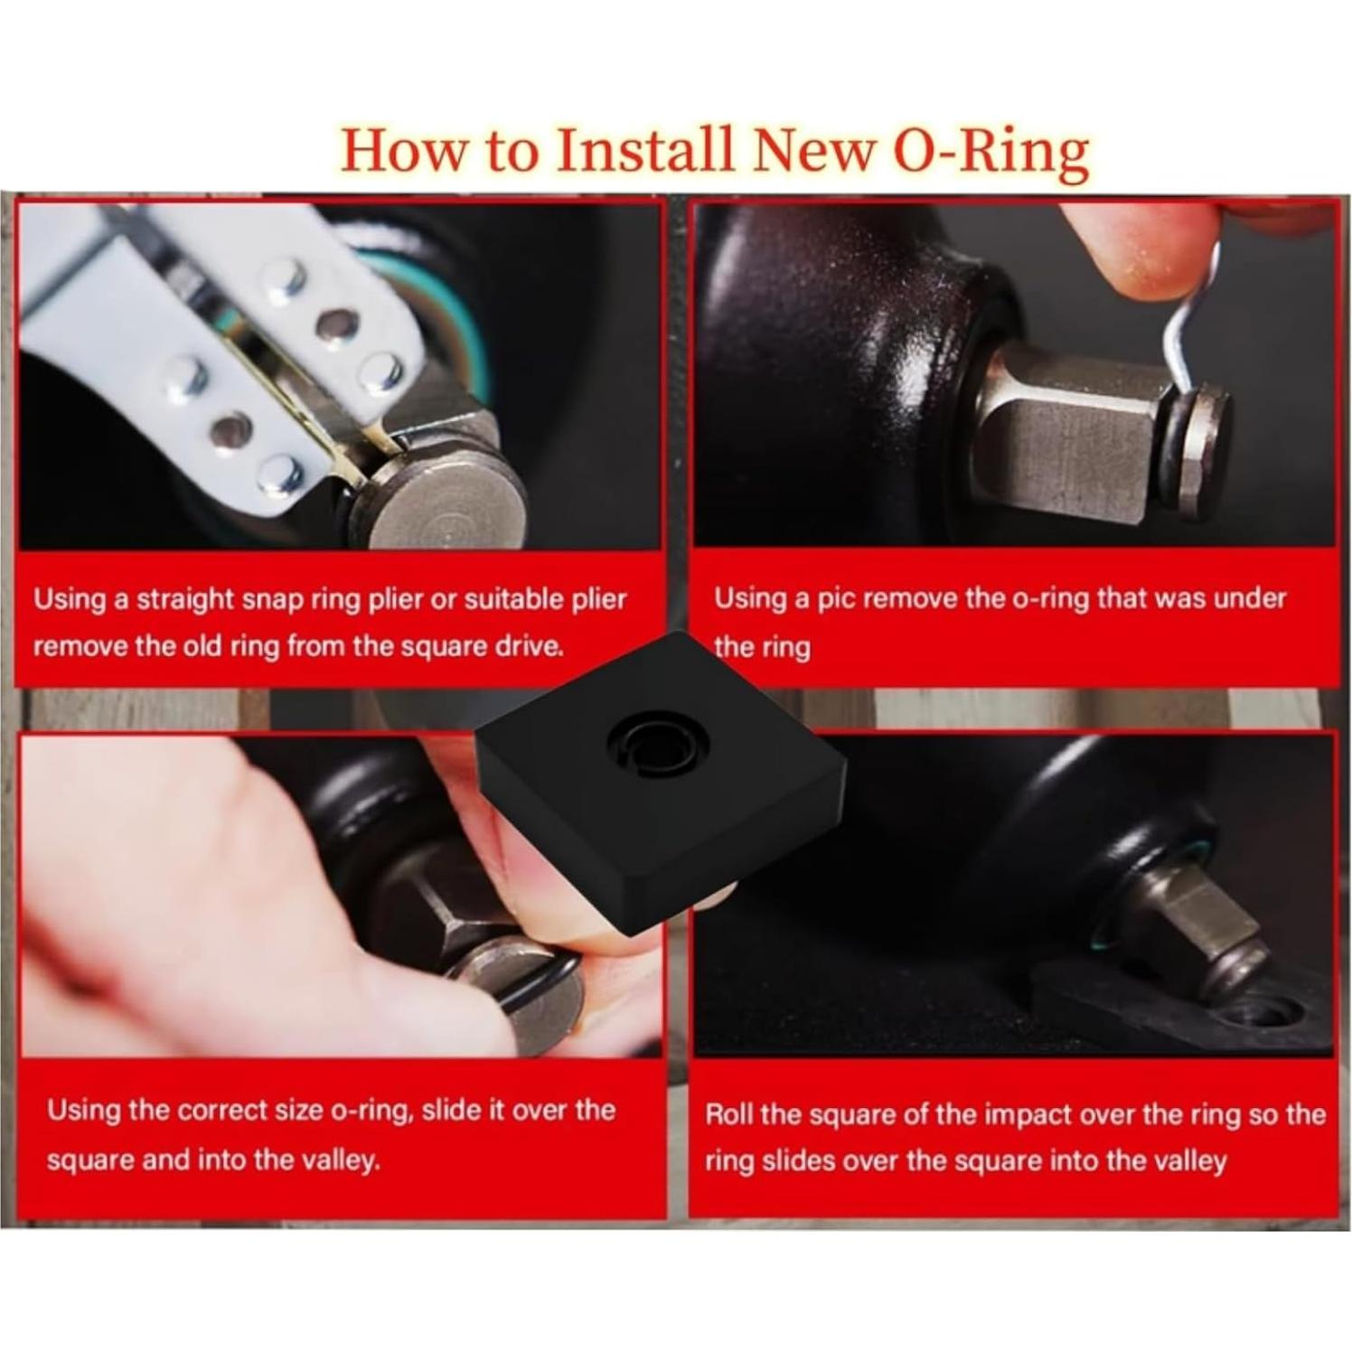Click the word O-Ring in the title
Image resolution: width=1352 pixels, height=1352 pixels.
point(991,150)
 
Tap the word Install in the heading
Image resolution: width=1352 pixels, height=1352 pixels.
point(644,150)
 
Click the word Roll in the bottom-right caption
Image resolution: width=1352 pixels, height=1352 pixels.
point(728,1113)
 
